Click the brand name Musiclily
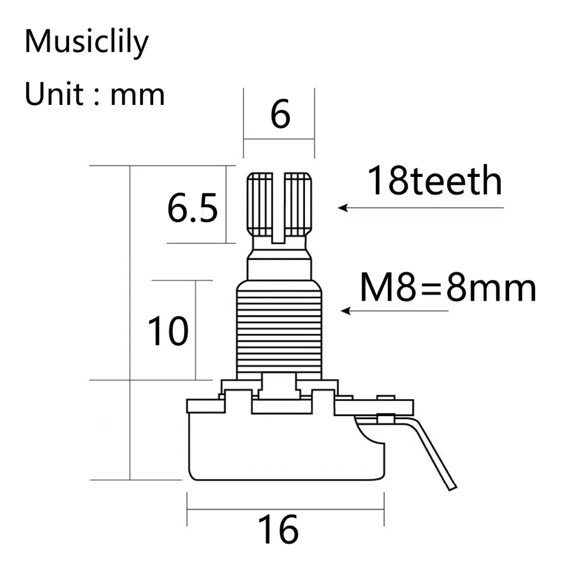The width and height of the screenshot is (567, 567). click(x=86, y=43)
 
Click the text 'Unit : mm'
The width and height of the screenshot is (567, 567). click(x=94, y=94)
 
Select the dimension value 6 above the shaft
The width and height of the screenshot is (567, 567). click(x=280, y=114)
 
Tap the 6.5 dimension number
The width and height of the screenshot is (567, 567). click(x=192, y=209)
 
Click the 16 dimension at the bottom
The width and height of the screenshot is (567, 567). click(x=278, y=530)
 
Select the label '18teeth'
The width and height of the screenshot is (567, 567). click(x=435, y=181)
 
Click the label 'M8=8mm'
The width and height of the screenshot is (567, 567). click(x=448, y=289)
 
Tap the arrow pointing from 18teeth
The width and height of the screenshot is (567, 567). click(x=420, y=208)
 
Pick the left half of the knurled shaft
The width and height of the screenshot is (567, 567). click(x=260, y=204)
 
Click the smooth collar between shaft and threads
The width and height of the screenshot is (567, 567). click(x=279, y=269)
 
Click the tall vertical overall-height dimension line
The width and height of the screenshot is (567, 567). click(x=131, y=323)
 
